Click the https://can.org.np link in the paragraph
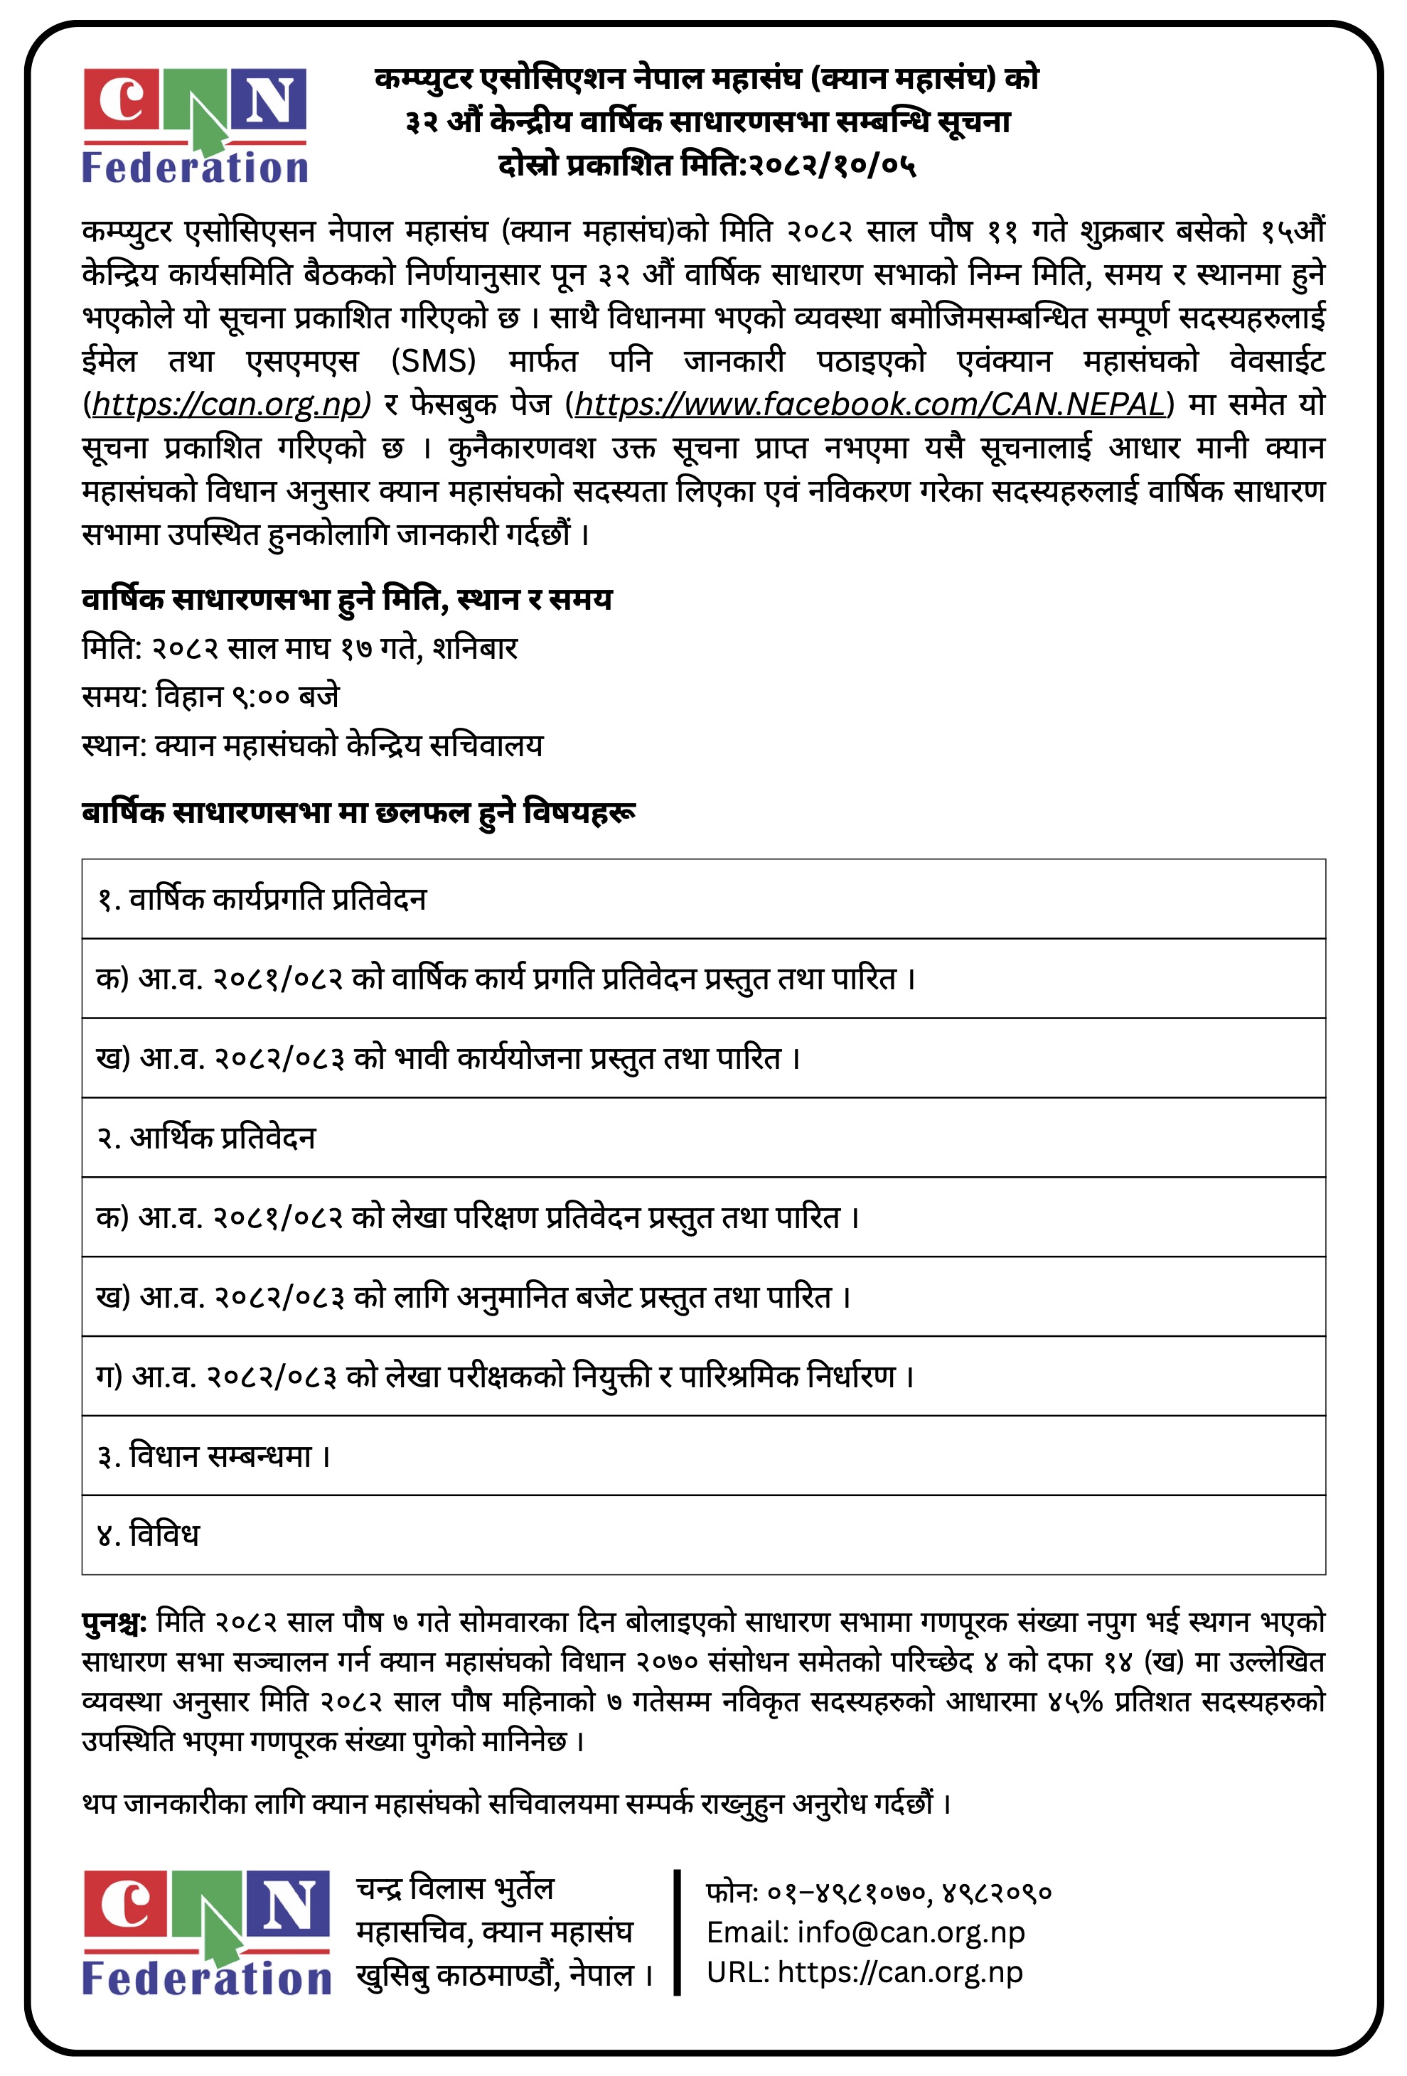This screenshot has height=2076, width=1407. coord(227,404)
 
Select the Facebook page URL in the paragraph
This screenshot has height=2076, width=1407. coord(870,404)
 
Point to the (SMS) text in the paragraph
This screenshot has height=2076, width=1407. coord(433,361)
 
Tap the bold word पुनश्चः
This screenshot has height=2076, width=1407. coord(114,1621)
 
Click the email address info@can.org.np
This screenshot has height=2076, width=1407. coord(910,1931)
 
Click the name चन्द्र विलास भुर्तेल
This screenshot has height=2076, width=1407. coord(455,1888)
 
